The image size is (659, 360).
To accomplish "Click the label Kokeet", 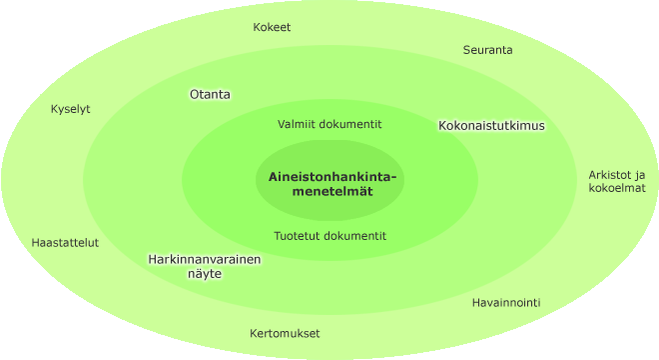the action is click(272, 27).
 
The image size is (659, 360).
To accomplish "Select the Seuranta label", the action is click(487, 50).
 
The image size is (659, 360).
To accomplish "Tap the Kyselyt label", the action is click(70, 109).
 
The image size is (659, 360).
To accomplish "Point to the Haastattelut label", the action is click(65, 243).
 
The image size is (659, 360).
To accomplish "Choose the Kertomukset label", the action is click(285, 333).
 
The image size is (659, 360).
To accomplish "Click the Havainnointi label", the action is click(506, 303).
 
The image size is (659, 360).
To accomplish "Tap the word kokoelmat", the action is click(616, 188).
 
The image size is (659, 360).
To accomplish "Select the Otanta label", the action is click(210, 94).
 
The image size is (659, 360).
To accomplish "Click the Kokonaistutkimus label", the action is click(491, 125).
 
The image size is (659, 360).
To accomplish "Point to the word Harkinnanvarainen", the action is click(205, 259).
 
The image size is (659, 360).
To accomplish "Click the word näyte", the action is click(205, 274).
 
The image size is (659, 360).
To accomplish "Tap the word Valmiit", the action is click(293, 124).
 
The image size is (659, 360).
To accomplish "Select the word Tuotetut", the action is click(294, 236).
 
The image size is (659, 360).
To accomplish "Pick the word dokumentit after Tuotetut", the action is click(350, 236).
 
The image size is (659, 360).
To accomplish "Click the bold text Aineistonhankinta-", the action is click(332, 177).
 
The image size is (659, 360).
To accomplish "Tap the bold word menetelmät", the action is click(332, 192).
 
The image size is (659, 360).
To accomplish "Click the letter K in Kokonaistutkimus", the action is click(442, 125).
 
